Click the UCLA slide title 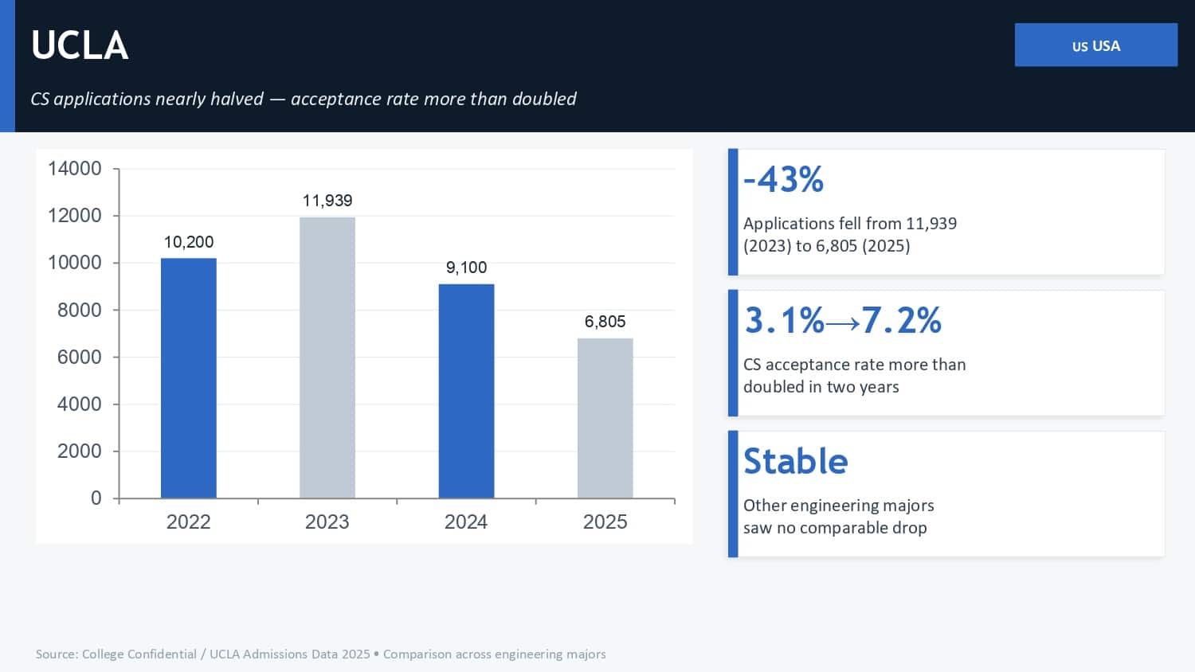(x=80, y=45)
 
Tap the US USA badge (x=1095, y=45)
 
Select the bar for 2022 (x=188, y=378)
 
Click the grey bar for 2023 (x=327, y=357)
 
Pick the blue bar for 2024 (x=466, y=391)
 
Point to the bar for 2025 (x=605, y=418)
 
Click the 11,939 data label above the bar (x=327, y=201)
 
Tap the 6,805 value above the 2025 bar (x=605, y=322)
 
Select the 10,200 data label (x=189, y=242)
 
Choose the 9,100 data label (x=466, y=268)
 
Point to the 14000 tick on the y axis (x=75, y=169)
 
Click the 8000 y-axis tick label (x=80, y=310)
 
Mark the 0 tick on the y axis (x=96, y=498)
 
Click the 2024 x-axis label (x=466, y=522)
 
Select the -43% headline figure (x=783, y=179)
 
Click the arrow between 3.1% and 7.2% (x=842, y=322)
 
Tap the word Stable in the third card (x=795, y=461)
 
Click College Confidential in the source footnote (x=139, y=654)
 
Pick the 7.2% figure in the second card (x=902, y=320)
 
